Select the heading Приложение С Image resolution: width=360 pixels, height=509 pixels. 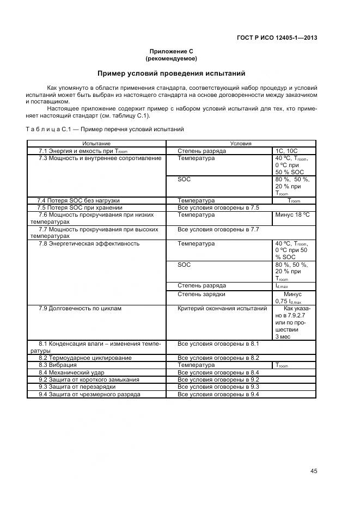click(x=171, y=51)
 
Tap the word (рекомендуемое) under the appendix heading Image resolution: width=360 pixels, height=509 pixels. click(x=171, y=58)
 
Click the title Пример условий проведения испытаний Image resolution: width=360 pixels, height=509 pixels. click(x=171, y=73)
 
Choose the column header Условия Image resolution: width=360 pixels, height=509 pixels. click(x=240, y=143)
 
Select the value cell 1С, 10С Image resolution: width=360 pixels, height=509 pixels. click(x=287, y=150)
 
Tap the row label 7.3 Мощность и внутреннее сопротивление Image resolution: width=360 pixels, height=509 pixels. click(x=100, y=158)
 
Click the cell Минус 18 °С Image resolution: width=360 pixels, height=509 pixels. click(x=292, y=214)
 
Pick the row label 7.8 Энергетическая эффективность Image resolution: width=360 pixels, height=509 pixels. click(x=89, y=243)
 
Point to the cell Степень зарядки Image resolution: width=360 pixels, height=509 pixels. click(x=201, y=294)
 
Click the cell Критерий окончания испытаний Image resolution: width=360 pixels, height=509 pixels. click(x=222, y=308)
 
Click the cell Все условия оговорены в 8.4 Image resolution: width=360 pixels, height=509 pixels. click(x=218, y=372)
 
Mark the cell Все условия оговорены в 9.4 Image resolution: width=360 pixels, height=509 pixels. click(x=218, y=394)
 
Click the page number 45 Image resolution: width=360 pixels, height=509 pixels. click(x=314, y=471)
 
